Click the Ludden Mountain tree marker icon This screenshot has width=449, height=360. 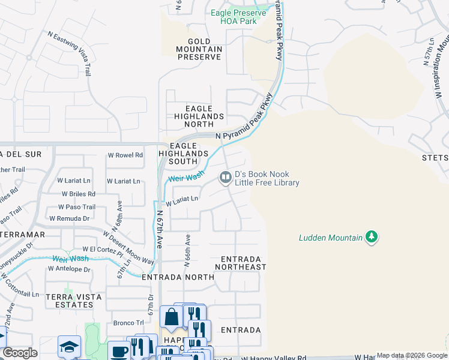click(x=372, y=237)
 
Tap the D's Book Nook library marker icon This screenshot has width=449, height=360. click(x=226, y=177)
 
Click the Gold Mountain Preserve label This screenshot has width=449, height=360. click(x=199, y=49)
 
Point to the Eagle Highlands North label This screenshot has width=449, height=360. click(x=199, y=112)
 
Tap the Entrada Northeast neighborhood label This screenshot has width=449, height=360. click(x=240, y=262)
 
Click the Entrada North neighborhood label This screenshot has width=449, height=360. click(x=178, y=277)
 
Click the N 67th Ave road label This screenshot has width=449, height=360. click(x=160, y=229)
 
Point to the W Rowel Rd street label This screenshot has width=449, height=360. click(x=125, y=155)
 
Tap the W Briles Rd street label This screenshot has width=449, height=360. click(x=79, y=194)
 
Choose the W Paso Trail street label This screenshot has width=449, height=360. click(x=77, y=207)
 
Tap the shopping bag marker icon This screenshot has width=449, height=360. click(x=172, y=317)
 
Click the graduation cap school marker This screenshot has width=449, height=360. click(x=69, y=346)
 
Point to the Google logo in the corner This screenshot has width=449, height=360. click(x=20, y=353)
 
